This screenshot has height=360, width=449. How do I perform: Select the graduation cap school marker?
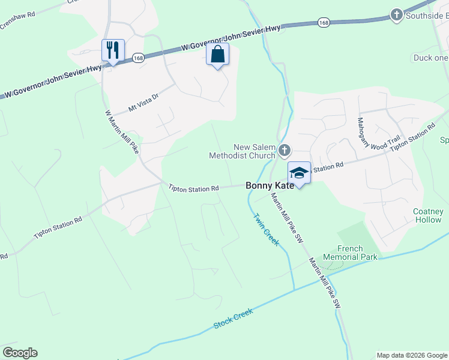point(299,173)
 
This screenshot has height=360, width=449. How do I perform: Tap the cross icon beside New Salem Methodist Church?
point(285,149)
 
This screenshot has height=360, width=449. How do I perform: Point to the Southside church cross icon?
point(396,14)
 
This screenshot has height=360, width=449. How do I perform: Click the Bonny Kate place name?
point(270,186)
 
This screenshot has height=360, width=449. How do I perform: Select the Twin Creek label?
point(266,229)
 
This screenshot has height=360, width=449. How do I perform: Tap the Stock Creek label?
point(234,318)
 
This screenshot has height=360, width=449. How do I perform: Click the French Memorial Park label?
point(358,253)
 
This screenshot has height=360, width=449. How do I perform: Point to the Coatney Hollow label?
point(428,215)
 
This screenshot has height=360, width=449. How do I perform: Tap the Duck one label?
point(430,58)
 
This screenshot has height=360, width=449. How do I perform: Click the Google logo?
point(20,353)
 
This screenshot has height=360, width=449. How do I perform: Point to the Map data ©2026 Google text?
point(411,355)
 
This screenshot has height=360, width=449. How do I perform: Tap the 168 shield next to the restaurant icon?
point(137,58)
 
